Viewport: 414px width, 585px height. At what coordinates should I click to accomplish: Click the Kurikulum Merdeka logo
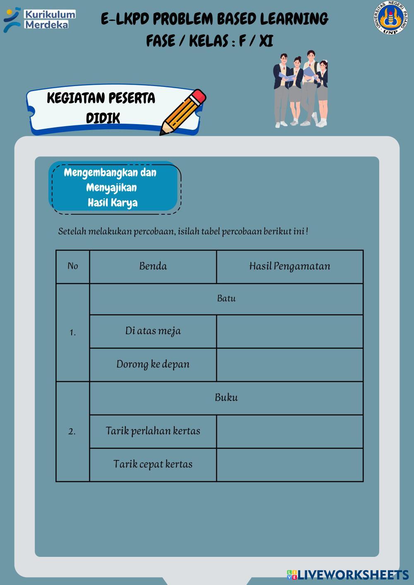(x=39, y=19)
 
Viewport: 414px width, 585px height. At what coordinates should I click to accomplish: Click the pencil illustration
(x=183, y=112)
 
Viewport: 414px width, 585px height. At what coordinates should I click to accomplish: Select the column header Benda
(x=153, y=266)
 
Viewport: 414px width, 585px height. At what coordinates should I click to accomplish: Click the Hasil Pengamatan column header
(x=289, y=266)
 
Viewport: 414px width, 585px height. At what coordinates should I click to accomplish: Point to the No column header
(x=73, y=266)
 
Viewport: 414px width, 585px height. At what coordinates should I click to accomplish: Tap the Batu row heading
(x=226, y=299)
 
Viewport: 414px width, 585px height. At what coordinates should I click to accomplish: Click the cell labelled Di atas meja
(x=153, y=331)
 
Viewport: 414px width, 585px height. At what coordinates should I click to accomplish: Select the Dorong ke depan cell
(x=153, y=364)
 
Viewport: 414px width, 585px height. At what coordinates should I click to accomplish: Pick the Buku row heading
(x=226, y=398)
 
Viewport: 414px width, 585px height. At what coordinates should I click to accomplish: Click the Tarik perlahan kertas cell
(x=153, y=431)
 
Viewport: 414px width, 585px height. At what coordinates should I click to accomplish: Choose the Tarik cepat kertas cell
(x=153, y=464)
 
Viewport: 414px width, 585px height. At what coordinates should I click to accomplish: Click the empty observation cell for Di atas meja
(x=289, y=331)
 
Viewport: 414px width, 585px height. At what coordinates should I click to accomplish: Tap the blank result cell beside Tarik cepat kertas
(x=289, y=465)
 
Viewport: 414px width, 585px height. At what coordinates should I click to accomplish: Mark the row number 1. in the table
(x=73, y=333)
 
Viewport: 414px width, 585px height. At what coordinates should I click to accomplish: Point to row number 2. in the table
(x=72, y=432)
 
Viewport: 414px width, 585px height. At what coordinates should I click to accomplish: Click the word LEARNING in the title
(x=294, y=19)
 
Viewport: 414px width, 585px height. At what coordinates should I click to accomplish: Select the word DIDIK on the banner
(x=103, y=118)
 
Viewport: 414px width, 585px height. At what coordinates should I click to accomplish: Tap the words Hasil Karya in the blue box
(x=113, y=203)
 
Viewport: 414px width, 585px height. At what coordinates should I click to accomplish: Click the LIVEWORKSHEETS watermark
(x=348, y=575)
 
